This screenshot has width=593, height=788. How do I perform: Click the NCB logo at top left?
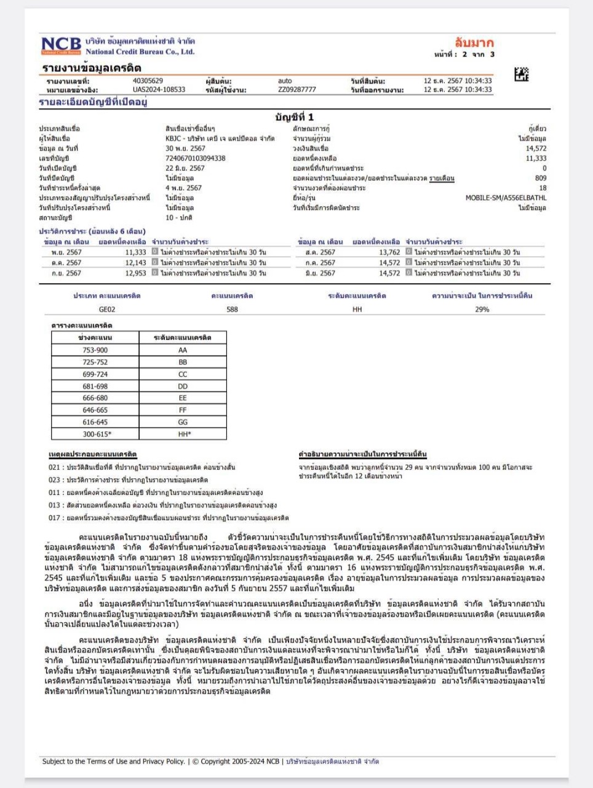[61, 46]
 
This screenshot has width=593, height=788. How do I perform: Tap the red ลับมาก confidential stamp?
[474, 42]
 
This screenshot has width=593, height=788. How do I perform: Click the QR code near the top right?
[521, 74]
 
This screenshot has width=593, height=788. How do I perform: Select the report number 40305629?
[148, 81]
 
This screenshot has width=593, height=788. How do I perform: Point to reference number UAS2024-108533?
[159, 89]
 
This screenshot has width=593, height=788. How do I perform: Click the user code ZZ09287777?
[296, 89]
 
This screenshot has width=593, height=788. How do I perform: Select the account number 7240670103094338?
[195, 158]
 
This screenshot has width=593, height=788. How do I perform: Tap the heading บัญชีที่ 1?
[294, 117]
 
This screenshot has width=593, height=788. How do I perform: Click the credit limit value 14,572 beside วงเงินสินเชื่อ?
[535, 148]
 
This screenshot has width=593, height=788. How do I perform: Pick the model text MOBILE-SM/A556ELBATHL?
[505, 198]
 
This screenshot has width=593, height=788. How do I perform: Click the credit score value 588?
[232, 309]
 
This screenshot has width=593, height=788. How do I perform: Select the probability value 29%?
[482, 309]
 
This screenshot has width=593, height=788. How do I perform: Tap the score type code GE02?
[107, 309]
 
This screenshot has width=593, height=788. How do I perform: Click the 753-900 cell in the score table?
[95, 350]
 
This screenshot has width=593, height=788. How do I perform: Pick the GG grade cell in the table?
[183, 422]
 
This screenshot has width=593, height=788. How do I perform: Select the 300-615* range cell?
[97, 434]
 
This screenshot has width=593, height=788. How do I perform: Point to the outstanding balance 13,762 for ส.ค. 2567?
[389, 252]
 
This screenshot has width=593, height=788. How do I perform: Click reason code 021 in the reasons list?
[54, 467]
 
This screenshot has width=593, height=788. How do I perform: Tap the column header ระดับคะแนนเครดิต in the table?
[183, 337]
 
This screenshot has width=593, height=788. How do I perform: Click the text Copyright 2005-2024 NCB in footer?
[240, 762]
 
